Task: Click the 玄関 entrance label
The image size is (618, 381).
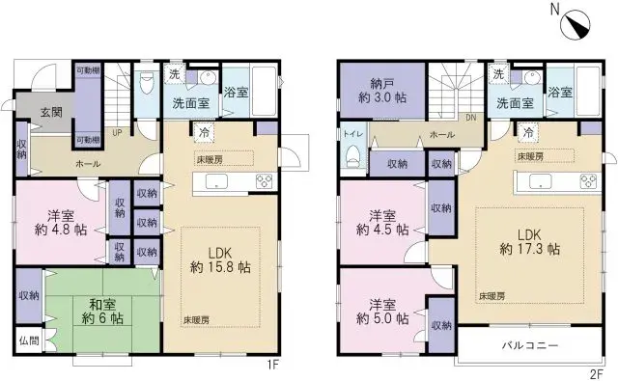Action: (x=52, y=113)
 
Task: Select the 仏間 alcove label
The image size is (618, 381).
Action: (x=29, y=340)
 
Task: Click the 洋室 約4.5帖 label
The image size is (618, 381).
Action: (x=381, y=223)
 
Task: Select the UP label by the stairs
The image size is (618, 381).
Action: (x=117, y=133)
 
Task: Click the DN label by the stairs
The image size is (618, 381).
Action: (x=472, y=119)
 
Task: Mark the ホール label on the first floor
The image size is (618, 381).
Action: (x=88, y=164)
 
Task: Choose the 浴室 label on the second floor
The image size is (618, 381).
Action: (x=559, y=94)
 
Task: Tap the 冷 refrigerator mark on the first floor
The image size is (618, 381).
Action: (x=204, y=132)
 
